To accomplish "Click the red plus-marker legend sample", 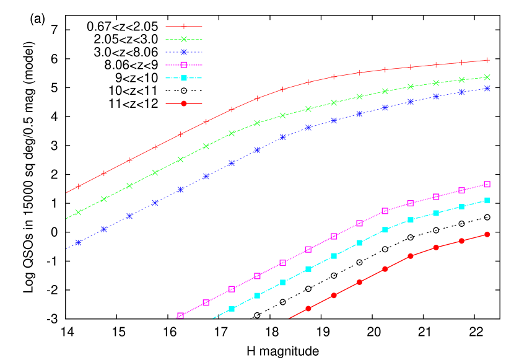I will coord(184,27).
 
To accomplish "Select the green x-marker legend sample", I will coord(184,39).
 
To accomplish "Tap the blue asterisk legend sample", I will coord(184,52).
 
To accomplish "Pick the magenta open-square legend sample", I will coord(184,65).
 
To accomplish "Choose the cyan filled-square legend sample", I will coord(184,77).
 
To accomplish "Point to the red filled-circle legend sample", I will coord(184,103).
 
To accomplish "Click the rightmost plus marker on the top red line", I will coord(487,60).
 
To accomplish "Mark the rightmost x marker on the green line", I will coord(487,77).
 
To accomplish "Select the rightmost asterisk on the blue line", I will coord(487,89).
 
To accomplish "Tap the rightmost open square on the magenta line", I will coord(487,184).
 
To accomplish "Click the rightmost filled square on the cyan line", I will coord(487,200).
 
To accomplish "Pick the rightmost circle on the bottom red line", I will coord(487,234).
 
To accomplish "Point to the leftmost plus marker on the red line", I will coord(78,187).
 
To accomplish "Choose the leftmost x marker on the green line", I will coord(78,213).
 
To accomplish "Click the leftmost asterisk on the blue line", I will coord(78,242).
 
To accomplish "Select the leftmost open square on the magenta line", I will coord(180,316).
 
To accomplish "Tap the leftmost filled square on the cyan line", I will coord(232,309).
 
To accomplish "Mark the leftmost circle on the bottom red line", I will coord(308,309).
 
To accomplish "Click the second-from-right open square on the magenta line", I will coord(462,190).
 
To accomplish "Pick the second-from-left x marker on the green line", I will coord(104,199).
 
